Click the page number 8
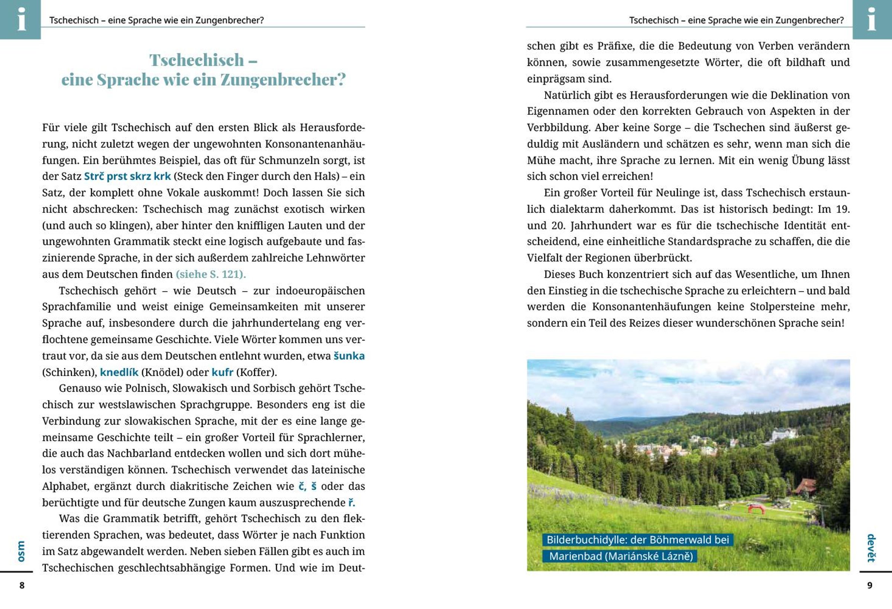click(22, 585)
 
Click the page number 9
click(870, 585)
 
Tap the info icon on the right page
click(872, 19)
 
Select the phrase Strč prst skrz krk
click(127, 176)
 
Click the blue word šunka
click(349, 356)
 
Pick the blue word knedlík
click(119, 372)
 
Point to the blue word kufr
click(222, 372)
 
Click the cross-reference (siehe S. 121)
click(211, 274)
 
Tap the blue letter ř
click(351, 503)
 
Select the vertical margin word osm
click(21, 551)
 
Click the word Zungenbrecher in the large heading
click(283, 80)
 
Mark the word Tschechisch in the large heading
click(197, 60)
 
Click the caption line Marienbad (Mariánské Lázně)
click(621, 556)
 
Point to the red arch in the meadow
click(756, 509)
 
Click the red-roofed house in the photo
click(805, 486)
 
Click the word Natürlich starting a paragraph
click(567, 95)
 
